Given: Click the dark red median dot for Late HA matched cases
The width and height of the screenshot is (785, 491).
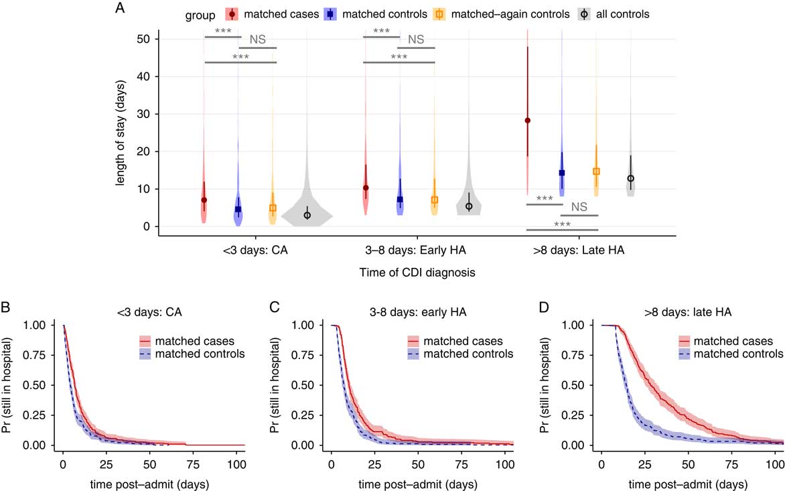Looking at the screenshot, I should click(527, 121).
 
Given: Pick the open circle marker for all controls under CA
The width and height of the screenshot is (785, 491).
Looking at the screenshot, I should click(307, 215).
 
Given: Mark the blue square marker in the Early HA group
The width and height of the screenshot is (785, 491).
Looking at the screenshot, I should click(400, 200).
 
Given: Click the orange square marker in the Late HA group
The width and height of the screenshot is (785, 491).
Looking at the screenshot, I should click(596, 171).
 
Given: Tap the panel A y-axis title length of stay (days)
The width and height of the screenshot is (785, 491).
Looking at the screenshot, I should click(121, 133).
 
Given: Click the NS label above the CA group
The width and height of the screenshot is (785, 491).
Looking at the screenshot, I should click(258, 40).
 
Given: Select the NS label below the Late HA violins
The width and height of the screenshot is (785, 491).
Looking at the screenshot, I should click(579, 207).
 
